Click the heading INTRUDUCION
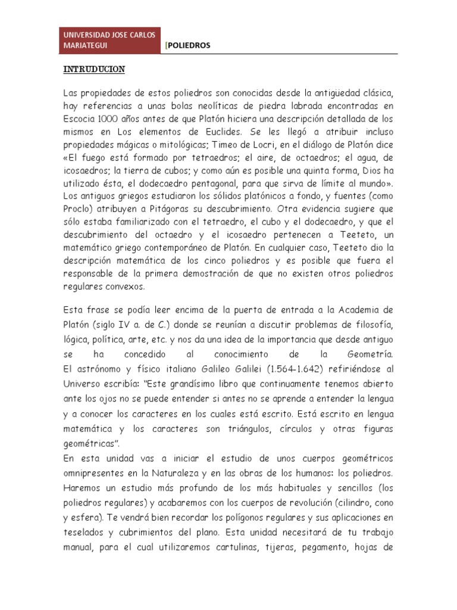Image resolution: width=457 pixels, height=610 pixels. (94, 70)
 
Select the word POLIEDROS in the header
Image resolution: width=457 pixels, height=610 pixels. (189, 46)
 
